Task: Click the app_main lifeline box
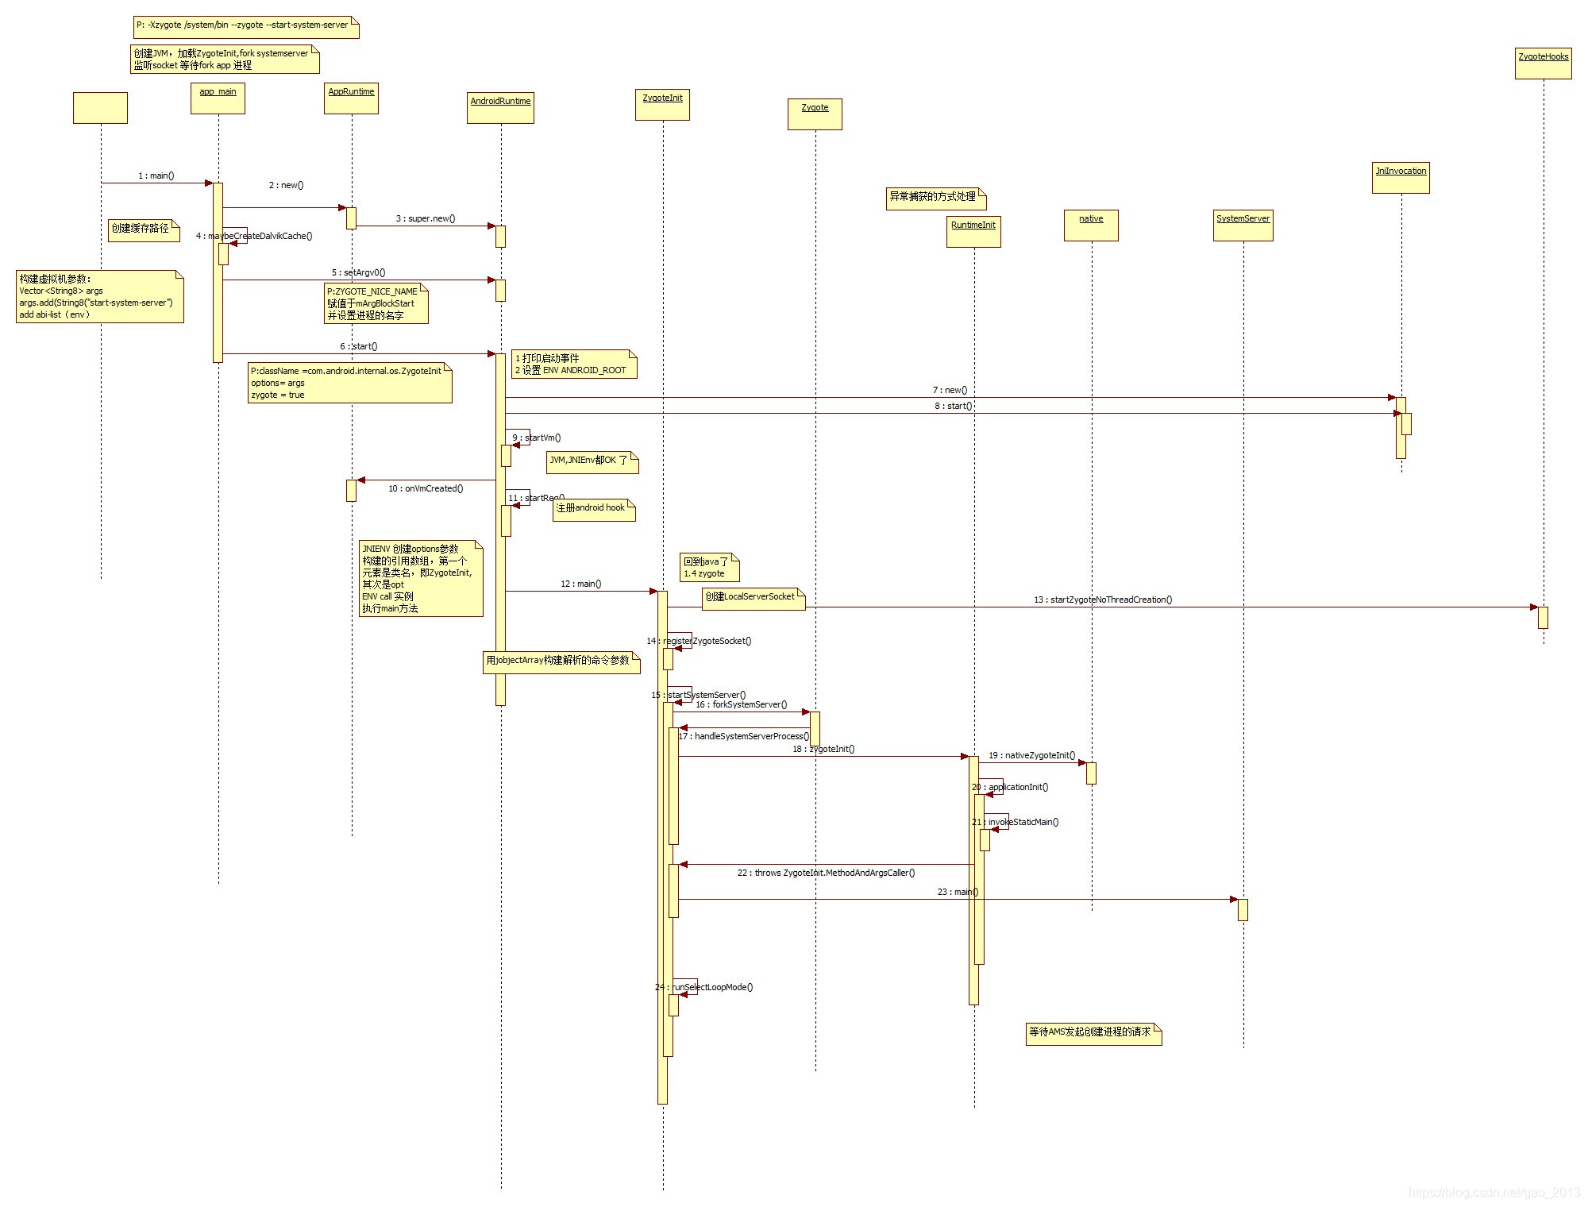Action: point(218,98)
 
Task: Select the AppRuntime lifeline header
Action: point(351,98)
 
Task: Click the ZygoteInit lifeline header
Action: point(662,105)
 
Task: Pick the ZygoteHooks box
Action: point(1543,64)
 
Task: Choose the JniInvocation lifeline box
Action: point(1401,178)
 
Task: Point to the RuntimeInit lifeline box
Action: point(973,232)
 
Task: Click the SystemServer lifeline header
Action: point(1243,226)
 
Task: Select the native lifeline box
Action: point(1091,226)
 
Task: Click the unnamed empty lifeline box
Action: point(100,108)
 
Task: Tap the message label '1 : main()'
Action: point(156,175)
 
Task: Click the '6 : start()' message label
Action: point(359,346)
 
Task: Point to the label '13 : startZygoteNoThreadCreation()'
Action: point(1103,600)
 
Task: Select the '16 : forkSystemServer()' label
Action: point(742,704)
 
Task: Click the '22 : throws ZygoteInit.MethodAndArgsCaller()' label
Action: point(826,873)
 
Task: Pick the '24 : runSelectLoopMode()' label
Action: point(704,987)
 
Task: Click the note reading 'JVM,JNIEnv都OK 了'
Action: point(592,461)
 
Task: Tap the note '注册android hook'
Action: point(594,509)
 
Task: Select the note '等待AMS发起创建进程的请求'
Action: point(1093,1033)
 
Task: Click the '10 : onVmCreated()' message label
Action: point(426,488)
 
